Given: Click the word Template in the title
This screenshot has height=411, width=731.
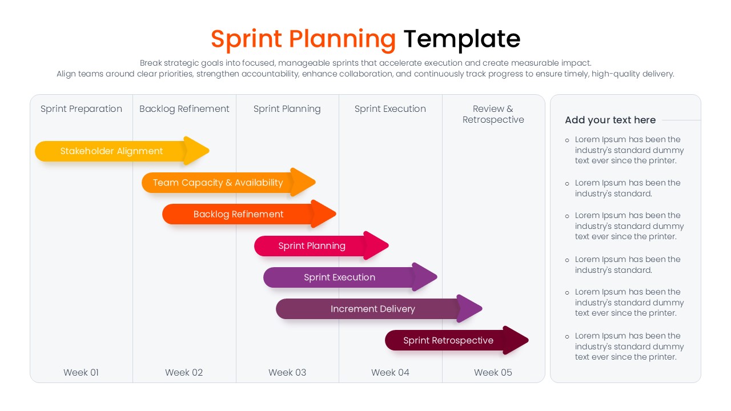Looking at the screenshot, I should pos(461,39).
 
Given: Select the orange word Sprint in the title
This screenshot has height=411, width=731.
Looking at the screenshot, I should pos(246,39).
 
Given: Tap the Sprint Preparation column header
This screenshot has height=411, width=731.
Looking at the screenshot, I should pos(81,109).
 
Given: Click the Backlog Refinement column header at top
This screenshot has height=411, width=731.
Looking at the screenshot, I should pos(184,109).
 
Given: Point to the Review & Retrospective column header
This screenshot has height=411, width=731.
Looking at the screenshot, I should pos(493,114).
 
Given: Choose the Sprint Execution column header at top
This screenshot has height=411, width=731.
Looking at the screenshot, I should pos(390,109).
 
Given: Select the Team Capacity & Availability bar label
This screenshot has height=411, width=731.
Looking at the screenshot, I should pos(218,183).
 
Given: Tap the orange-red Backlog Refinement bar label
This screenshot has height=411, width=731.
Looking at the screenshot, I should pos(238,215).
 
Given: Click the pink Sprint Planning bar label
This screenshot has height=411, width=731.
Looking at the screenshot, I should pos(312,246).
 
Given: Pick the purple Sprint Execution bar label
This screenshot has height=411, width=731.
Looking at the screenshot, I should pos(339,277).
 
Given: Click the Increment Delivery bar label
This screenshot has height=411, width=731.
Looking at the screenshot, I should pos(372,309).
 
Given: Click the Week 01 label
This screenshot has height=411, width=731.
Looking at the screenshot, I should pos(81,372).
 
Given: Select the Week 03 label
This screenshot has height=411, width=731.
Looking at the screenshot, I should pos(287,372).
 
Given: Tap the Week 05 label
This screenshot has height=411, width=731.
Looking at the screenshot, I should pos(493,372).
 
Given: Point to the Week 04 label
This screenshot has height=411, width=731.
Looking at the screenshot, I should pos(390,372).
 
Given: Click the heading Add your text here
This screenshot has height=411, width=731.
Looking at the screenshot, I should pos(610,120).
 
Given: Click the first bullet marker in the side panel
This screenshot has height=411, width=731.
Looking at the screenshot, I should pos(567,140).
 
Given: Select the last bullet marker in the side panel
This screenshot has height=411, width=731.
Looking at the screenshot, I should pos(567,336).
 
